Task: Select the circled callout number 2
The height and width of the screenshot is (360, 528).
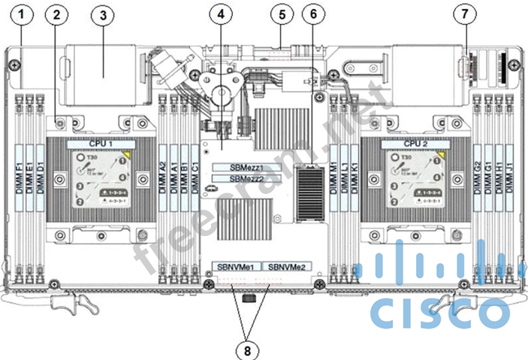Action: (58, 14)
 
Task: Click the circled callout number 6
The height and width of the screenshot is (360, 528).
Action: (313, 14)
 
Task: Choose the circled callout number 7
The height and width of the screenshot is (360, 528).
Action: (466, 14)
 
